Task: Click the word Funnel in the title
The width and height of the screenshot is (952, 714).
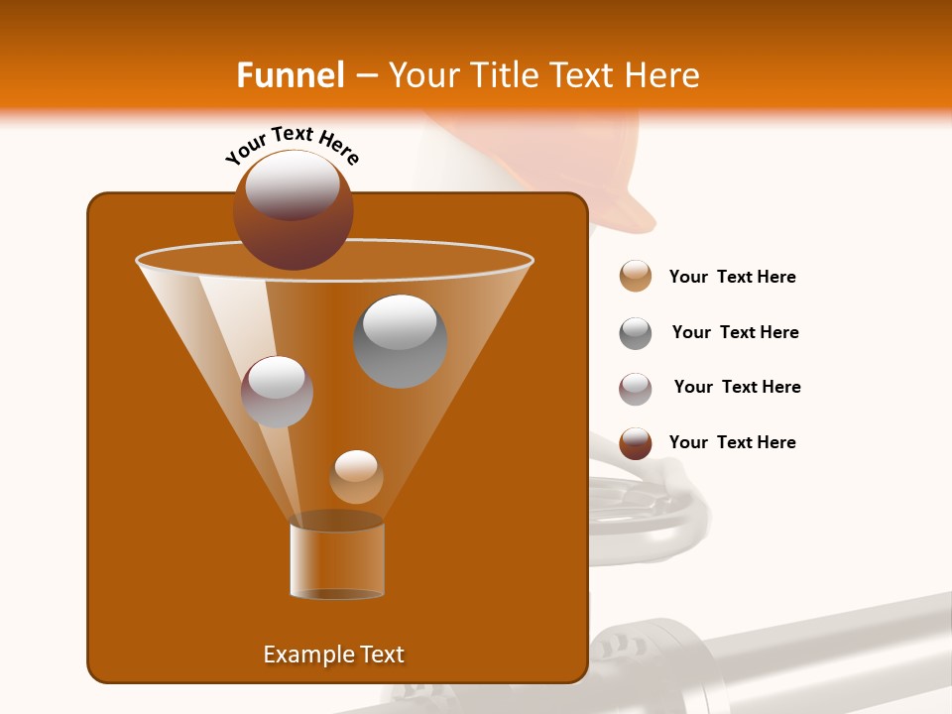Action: click(290, 75)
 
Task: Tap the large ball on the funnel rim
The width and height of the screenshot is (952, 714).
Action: click(293, 210)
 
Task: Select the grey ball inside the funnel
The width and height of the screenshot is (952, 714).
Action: click(401, 341)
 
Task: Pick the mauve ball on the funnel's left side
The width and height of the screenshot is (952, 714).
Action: click(277, 392)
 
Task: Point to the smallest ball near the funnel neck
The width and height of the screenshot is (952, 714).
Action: click(356, 477)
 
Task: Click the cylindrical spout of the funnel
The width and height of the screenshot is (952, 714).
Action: click(337, 559)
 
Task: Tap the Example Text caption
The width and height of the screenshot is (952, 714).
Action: click(333, 654)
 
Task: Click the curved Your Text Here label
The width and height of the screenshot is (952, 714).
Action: click(293, 145)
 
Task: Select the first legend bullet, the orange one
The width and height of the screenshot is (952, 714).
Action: click(636, 277)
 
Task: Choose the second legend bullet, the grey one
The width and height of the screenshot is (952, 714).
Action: click(636, 333)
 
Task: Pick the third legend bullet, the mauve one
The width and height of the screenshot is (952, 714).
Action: click(636, 389)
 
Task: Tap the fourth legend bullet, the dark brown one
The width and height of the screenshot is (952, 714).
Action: click(636, 443)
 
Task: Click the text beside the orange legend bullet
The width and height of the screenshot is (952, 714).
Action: click(732, 278)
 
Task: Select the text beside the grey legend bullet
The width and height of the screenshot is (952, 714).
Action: click(735, 333)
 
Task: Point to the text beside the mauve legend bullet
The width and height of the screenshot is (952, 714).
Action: click(737, 388)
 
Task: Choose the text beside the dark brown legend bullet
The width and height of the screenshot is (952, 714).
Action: click(732, 443)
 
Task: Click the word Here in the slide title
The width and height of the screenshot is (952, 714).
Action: click(661, 75)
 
